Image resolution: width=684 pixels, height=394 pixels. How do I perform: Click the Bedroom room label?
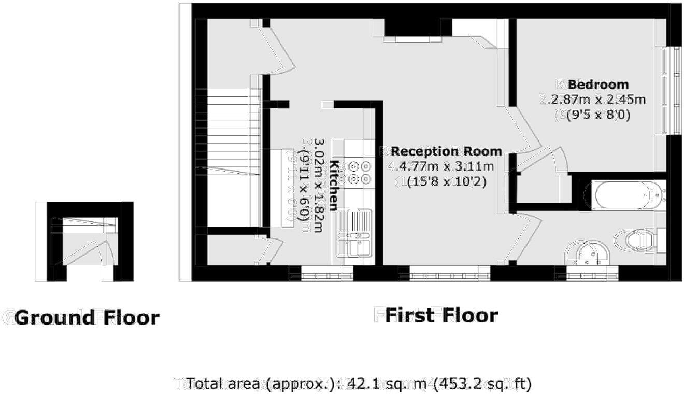tap(598, 85)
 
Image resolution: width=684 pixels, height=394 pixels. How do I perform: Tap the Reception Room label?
tap(446, 151)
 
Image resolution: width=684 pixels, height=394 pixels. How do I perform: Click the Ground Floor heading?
tap(87, 317)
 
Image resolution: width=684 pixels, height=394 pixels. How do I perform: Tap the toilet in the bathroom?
tap(635, 240)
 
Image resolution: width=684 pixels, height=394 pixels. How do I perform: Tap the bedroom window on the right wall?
tap(675, 90)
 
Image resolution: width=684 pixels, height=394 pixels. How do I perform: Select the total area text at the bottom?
tap(358, 384)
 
